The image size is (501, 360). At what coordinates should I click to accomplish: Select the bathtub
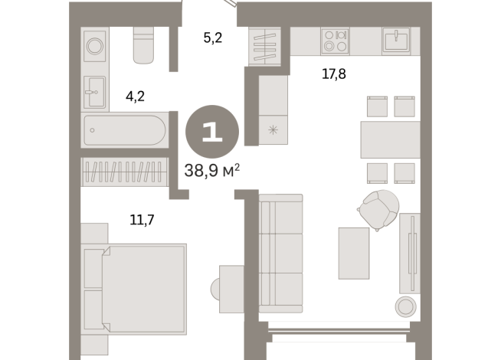[123, 130]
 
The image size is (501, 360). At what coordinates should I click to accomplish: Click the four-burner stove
[335, 40]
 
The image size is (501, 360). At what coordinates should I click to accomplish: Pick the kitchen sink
[396, 40]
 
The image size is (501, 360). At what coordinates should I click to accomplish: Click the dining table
[390, 139]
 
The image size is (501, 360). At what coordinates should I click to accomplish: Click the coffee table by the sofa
[354, 254]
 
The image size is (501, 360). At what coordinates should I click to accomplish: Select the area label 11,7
[143, 221]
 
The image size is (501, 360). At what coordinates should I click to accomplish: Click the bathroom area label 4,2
[136, 97]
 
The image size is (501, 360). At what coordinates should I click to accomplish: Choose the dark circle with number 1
[212, 131]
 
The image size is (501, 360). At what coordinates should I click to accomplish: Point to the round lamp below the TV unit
[404, 307]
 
